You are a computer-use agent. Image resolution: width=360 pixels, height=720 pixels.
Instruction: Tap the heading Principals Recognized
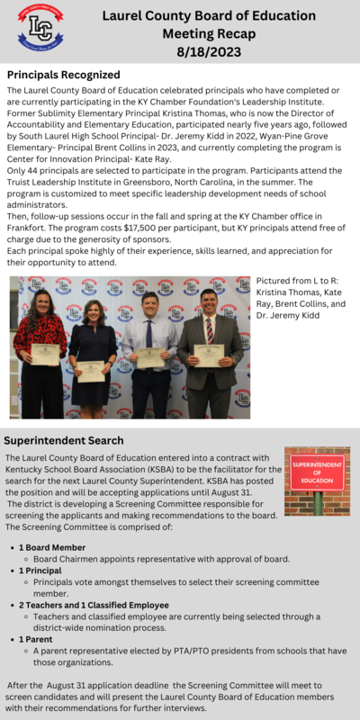[63, 75]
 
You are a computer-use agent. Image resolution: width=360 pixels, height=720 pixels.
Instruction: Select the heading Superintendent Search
[64, 440]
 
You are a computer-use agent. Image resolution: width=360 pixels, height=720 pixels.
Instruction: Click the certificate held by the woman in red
[44, 354]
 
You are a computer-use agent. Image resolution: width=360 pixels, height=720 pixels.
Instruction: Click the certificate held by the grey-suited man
[209, 355]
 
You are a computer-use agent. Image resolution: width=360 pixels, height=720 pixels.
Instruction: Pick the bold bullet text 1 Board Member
[52, 547]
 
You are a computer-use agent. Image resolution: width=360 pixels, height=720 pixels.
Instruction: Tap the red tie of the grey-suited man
[209, 330]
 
